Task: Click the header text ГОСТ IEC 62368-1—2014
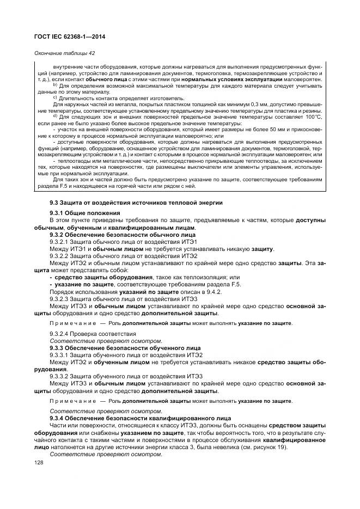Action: (x=70, y=36)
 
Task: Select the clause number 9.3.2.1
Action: (x=60, y=241)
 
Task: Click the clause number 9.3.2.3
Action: (x=60, y=298)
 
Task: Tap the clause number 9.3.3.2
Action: (x=60, y=376)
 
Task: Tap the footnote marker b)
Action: (x=54, y=85)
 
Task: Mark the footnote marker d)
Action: (x=54, y=116)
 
